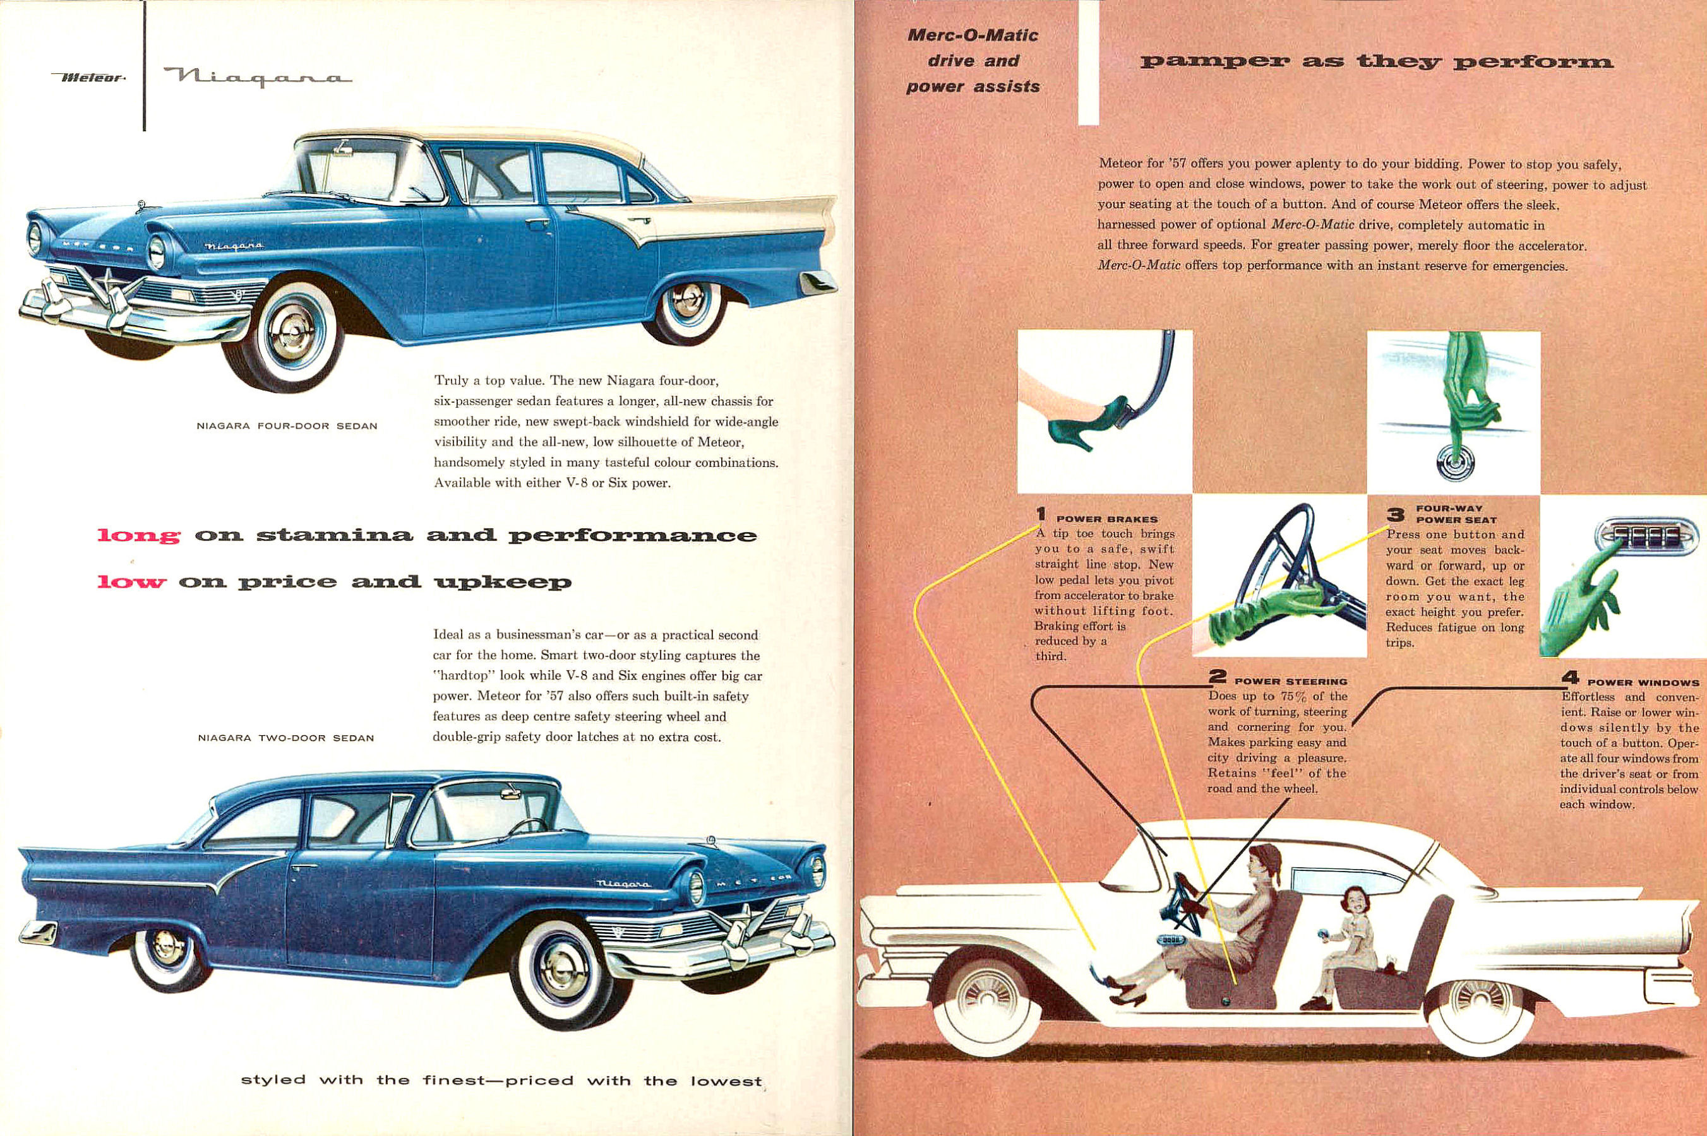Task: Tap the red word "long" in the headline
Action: pos(138,536)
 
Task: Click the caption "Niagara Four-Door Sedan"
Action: pos(287,426)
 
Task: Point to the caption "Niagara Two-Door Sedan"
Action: pos(285,739)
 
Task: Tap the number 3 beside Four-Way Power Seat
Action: pos(1395,515)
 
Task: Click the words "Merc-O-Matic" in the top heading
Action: pos(973,35)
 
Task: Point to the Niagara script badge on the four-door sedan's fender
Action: pos(234,248)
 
